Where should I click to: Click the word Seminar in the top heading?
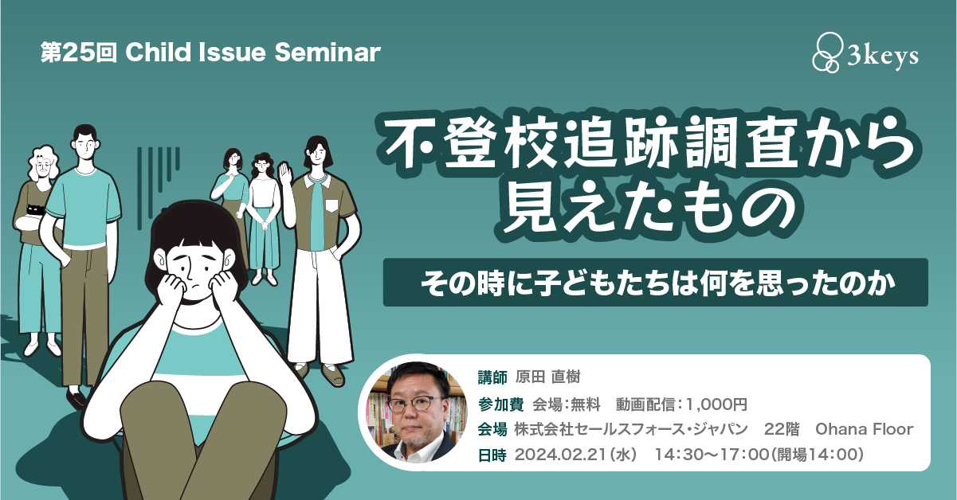327,53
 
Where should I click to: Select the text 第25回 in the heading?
79,53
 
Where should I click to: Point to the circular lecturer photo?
418,412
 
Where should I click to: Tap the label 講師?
492,377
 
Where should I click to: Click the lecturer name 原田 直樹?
547,377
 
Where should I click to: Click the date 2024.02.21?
560,455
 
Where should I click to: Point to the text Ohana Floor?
864,429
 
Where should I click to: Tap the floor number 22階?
782,429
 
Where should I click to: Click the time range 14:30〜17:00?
712,455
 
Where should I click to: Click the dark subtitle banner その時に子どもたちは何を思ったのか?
655,282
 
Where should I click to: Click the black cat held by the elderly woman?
35,209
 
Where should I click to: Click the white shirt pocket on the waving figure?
331,205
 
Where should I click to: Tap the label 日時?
492,455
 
